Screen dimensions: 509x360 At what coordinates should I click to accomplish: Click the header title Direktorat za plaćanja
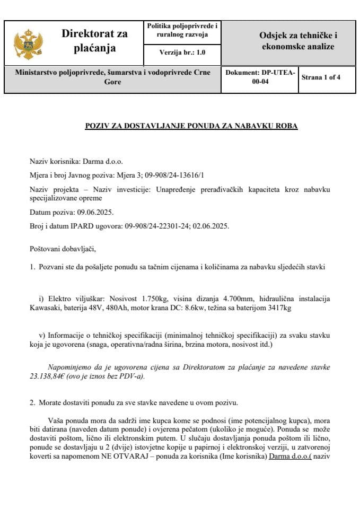pyautogui.click(x=94, y=41)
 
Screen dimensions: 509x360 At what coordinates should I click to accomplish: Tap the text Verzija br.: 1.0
pyautogui.click(x=182, y=52)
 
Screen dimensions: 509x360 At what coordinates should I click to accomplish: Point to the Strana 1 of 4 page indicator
pyautogui.click(x=321, y=77)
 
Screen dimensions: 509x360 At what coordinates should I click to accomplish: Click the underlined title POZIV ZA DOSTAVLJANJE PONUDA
pyautogui.click(x=191, y=126)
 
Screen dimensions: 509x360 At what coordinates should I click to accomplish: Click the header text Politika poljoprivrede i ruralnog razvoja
pyautogui.click(x=182, y=30)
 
